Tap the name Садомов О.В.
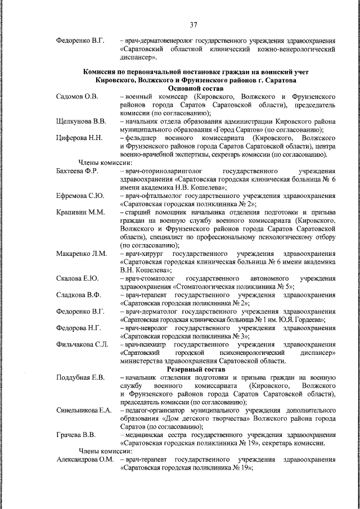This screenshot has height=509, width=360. pyautogui.click(x=78, y=97)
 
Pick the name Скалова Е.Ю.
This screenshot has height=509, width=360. pyautogui.click(x=78, y=278)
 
